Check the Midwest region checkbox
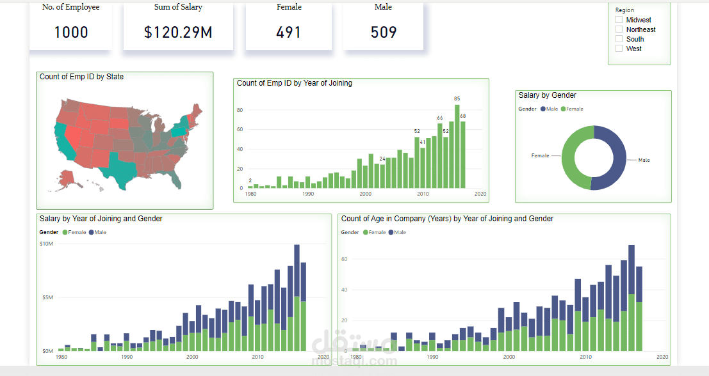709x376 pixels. click(619, 20)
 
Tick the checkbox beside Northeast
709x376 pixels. click(619, 29)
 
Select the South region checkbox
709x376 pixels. click(619, 39)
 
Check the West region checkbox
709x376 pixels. click(619, 49)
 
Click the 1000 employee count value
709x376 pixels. click(71, 33)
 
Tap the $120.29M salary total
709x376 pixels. click(178, 33)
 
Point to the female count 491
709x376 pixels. click(289, 33)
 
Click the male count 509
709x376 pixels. click(384, 33)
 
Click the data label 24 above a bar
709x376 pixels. click(382, 159)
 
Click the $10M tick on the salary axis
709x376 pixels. click(46, 244)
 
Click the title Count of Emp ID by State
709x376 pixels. click(82, 77)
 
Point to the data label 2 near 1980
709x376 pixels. click(250, 180)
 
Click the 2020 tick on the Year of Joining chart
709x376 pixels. click(480, 194)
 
